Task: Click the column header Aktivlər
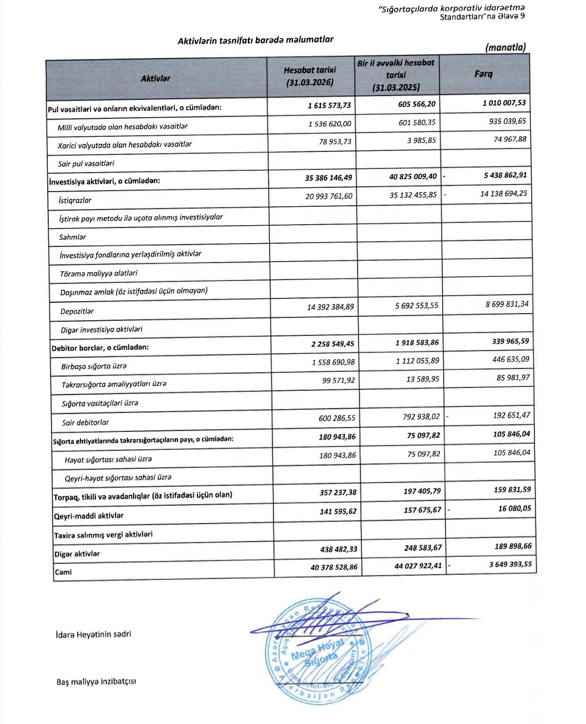[x=155, y=78]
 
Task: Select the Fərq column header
[x=483, y=74]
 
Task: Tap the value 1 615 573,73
[x=329, y=105]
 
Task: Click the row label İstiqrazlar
[x=75, y=200]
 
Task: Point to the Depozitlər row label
[x=77, y=312]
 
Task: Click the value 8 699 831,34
[x=507, y=304]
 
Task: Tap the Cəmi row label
[x=63, y=572]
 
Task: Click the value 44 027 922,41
[x=418, y=566]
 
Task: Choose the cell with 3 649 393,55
[x=510, y=564]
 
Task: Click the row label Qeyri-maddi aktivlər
[x=88, y=516]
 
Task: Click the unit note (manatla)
[x=505, y=48]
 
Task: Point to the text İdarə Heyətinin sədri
[x=93, y=634]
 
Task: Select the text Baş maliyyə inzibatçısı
[x=96, y=681]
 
